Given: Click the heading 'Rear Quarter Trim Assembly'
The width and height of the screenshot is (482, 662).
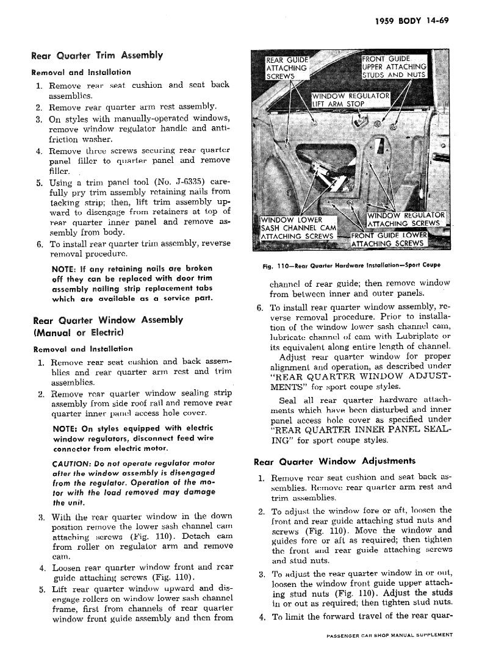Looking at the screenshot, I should (96, 56).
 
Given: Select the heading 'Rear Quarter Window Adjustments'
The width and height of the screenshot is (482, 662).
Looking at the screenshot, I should (334, 461).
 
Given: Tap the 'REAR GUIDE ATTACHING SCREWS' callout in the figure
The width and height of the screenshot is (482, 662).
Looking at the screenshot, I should (287, 68).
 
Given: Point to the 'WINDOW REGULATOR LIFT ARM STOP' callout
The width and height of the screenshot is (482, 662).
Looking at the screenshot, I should (350, 99).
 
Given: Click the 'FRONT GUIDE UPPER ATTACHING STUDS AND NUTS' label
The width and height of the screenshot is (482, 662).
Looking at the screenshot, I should (394, 67).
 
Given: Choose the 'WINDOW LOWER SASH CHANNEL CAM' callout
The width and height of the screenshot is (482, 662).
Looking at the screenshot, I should (297, 228).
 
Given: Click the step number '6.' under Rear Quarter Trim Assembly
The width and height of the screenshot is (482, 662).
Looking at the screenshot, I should (38, 244).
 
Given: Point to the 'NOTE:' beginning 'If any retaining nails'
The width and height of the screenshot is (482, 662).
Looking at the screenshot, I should (64, 269).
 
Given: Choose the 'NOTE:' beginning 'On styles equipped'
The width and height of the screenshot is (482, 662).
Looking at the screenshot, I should (65, 428).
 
